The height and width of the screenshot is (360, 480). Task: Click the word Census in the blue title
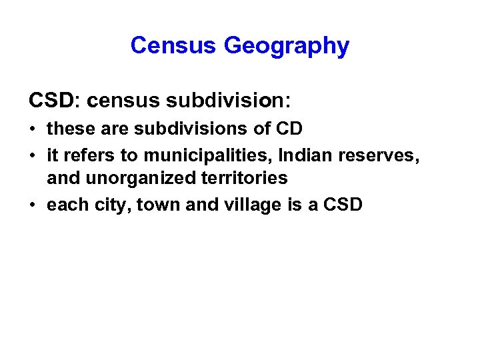pos(174,45)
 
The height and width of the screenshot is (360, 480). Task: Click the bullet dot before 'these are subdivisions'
pos(33,128)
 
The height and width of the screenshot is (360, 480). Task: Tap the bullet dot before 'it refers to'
pos(33,156)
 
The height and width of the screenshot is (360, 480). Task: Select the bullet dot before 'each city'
pos(33,204)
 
